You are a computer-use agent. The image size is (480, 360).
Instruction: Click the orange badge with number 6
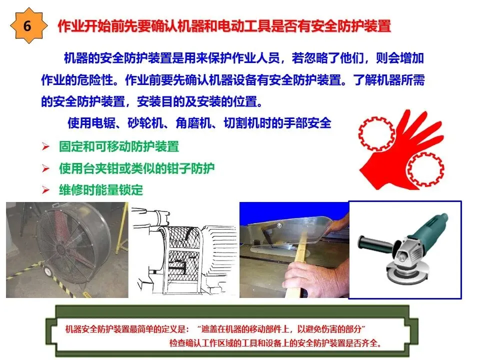point(28,25)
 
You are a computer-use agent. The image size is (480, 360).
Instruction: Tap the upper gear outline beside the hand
point(376,134)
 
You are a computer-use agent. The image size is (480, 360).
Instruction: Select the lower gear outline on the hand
point(425,169)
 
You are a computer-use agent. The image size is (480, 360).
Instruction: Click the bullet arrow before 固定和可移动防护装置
point(45,146)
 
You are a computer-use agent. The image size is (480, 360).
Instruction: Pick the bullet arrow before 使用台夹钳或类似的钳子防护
point(45,168)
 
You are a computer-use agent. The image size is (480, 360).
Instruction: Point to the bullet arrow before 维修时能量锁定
point(45,190)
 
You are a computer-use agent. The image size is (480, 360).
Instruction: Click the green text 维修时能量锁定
point(101,190)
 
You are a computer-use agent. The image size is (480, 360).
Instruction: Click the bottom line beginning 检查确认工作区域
point(275,343)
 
